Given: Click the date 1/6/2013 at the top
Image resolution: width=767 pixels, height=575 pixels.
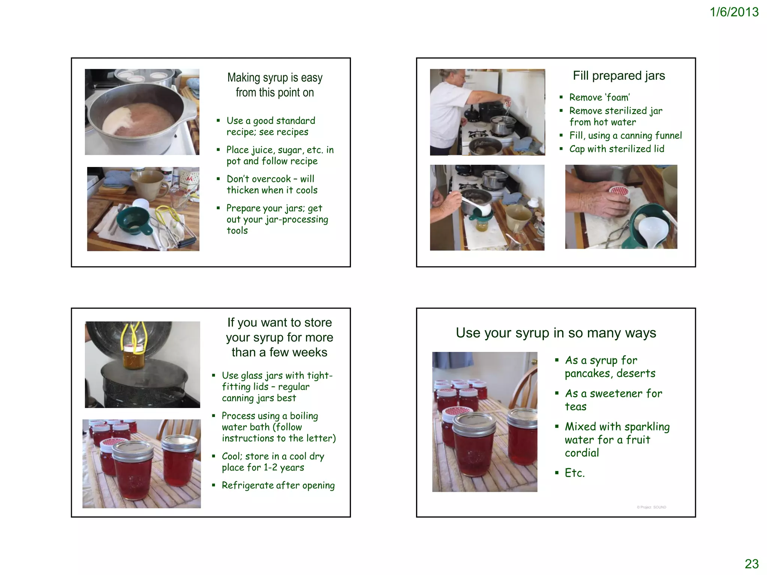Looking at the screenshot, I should click(734, 12).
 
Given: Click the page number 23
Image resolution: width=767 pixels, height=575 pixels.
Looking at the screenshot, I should click(751, 563).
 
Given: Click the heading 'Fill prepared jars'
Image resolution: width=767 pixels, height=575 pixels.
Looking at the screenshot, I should click(619, 76).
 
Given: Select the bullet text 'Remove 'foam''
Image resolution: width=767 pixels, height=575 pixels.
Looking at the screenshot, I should click(599, 97).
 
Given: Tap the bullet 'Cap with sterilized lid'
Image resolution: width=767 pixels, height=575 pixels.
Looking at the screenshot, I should click(616, 149).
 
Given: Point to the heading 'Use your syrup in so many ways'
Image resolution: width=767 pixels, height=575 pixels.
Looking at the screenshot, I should click(556, 333).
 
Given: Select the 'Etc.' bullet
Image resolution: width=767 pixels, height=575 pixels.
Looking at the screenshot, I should click(575, 473).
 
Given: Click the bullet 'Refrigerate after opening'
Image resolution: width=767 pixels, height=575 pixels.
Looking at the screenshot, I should click(278, 486).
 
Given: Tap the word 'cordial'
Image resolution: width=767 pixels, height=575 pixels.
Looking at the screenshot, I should click(582, 453).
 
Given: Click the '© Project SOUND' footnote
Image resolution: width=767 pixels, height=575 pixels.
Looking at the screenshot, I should click(651, 507).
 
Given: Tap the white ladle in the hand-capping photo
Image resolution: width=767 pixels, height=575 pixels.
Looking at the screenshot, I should click(652, 228).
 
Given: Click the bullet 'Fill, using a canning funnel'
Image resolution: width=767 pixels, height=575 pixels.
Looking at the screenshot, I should click(625, 136).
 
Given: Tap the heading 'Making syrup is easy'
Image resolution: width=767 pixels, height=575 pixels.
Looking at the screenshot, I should click(275, 77).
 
